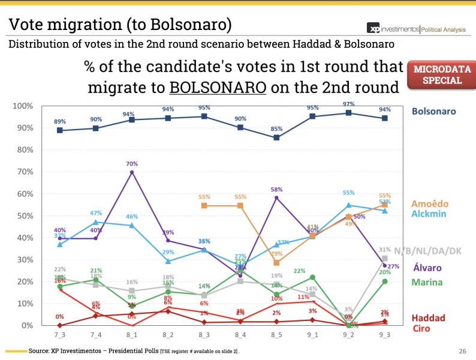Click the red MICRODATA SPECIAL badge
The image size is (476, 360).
pos(438,74)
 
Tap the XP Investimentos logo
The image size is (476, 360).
pos(391,29)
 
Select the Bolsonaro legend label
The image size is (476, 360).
pos(433,112)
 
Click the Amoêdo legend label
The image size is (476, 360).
pos(431,203)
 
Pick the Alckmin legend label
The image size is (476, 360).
pos(430,214)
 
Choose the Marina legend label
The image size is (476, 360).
pos(430,282)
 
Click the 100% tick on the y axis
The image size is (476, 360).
pos(22,106)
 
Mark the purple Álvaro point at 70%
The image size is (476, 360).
pos(132,172)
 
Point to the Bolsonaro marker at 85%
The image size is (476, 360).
pos(276,137)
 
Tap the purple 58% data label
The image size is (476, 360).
pos(276,189)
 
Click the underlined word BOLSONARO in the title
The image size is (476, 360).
pos(218,88)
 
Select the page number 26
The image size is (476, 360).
pos(462,351)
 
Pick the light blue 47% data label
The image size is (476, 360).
pos(95,213)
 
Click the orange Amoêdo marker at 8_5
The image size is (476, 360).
pos(276,263)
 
